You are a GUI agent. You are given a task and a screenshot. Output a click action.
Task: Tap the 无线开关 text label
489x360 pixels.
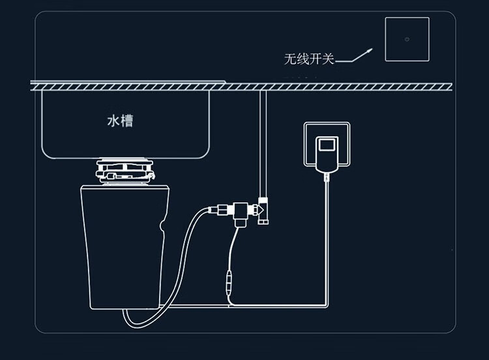308,59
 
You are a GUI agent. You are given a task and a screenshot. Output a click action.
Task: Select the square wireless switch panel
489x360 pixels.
407,39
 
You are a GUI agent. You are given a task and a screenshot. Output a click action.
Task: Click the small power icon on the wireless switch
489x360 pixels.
407,38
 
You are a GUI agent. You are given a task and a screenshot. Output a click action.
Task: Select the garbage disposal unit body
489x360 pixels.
124,241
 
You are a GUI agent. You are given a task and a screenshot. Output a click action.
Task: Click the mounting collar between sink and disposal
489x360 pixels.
126,171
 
